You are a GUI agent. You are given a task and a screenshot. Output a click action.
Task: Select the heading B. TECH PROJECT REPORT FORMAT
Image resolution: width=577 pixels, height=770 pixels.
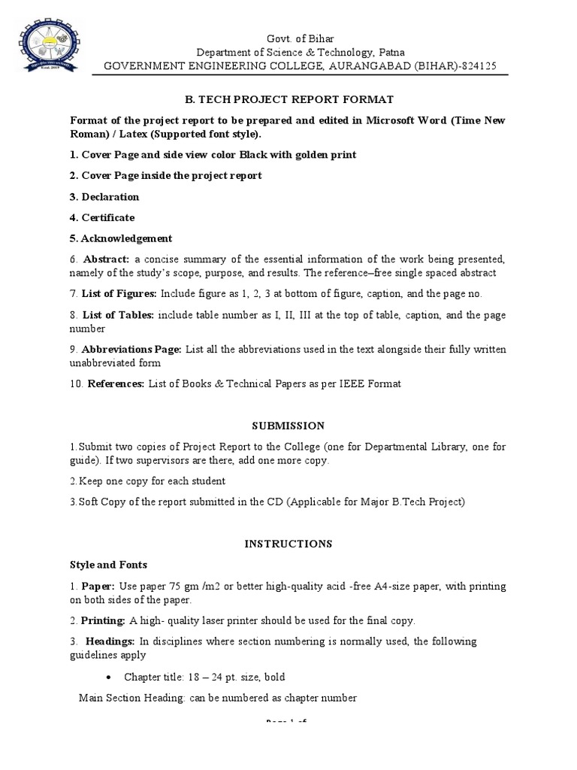click(x=289, y=99)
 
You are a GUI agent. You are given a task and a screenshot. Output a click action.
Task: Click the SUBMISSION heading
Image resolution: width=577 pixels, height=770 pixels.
click(x=288, y=426)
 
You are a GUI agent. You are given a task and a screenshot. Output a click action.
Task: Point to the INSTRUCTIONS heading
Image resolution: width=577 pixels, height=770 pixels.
click(x=288, y=543)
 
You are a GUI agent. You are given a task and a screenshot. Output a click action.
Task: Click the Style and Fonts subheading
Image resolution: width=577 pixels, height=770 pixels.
click(x=109, y=564)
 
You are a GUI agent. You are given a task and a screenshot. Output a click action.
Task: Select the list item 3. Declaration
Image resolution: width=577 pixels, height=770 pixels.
click(x=104, y=197)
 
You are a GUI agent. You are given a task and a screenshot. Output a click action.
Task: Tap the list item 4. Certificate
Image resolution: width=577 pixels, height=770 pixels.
click(x=102, y=218)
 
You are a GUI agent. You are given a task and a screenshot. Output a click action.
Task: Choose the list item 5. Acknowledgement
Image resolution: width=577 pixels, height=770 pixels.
click(x=121, y=238)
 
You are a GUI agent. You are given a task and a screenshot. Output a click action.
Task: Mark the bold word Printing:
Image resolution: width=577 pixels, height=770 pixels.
click(x=104, y=620)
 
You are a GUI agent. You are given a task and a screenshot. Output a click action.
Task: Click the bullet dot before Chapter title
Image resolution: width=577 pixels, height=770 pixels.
click(x=110, y=677)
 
